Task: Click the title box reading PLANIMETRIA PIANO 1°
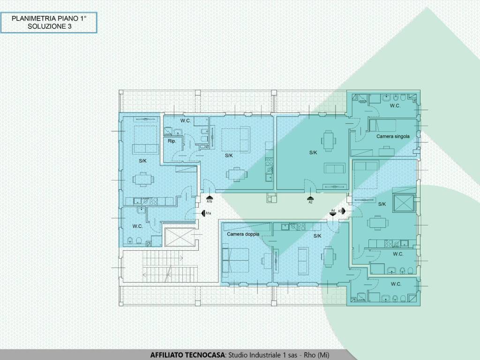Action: [x=49, y=22]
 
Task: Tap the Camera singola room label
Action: [x=393, y=136]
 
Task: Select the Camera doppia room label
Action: [x=243, y=234]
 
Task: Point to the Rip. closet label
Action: [x=172, y=141]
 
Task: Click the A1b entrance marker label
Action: [x=210, y=202]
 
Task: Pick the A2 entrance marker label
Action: [x=310, y=202]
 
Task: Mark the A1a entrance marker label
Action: [x=208, y=213]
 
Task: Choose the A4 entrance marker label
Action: [x=333, y=210]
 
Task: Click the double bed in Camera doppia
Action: [x=235, y=260]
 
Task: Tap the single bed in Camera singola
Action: [x=382, y=126]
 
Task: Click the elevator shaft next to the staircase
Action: [x=180, y=237]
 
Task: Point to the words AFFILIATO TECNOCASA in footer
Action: [x=187, y=355]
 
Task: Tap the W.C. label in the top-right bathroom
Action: [x=395, y=105]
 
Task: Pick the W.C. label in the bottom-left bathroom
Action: [x=137, y=226]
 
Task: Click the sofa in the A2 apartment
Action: [x=335, y=168]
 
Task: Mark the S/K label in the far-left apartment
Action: [x=142, y=161]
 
